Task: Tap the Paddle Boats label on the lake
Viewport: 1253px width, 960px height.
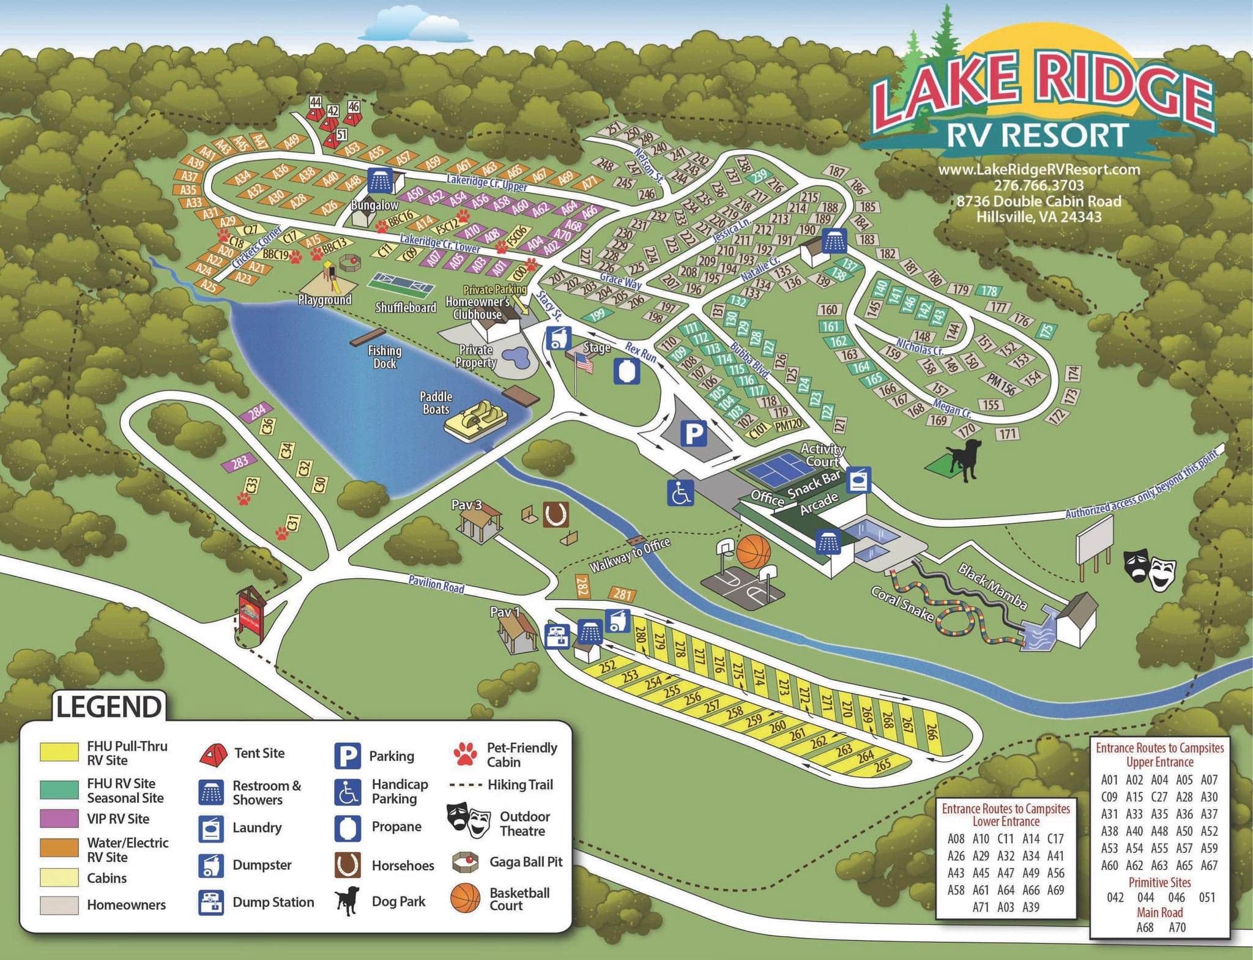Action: [436, 403]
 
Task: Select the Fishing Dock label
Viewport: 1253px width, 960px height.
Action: [385, 357]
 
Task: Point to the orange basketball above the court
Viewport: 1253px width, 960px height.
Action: [753, 552]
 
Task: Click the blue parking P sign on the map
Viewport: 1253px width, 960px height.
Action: [693, 434]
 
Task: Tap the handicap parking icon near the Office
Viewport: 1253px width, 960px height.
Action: [680, 493]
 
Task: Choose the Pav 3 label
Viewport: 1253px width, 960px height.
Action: [466, 505]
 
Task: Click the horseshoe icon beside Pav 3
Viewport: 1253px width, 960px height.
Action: [556, 515]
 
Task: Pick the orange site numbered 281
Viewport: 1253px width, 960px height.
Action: [622, 594]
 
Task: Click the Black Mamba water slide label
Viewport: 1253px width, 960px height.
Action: [992, 587]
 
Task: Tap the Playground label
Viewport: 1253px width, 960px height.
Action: [324, 300]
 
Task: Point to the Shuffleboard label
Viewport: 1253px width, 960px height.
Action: [406, 307]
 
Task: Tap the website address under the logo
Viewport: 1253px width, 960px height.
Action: [1039, 169]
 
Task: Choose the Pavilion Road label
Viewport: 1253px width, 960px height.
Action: [436, 584]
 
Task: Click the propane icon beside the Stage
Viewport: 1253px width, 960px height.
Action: [627, 371]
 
